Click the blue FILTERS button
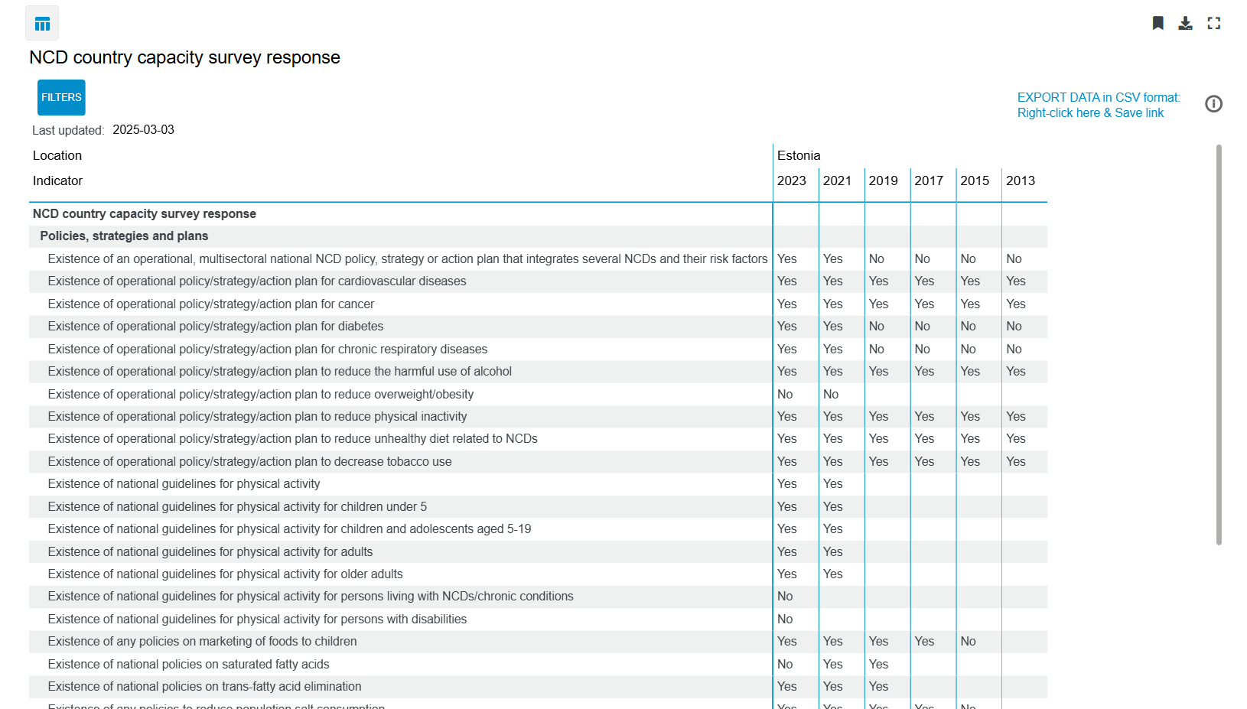click(61, 98)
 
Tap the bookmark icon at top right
click(1157, 23)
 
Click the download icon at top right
click(1185, 23)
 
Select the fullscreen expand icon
click(1213, 23)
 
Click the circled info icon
click(1213, 104)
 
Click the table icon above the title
click(42, 24)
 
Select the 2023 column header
click(791, 181)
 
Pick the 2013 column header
click(1020, 181)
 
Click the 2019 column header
click(883, 181)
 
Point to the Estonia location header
click(799, 156)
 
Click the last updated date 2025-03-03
click(143, 130)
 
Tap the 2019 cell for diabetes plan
click(877, 327)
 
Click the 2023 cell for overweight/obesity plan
click(785, 395)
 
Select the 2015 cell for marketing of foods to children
click(968, 642)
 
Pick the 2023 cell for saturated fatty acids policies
click(785, 665)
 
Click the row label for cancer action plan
click(210, 304)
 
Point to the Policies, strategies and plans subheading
click(124, 236)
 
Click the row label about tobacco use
click(249, 462)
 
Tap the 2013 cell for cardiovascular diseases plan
click(1016, 281)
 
